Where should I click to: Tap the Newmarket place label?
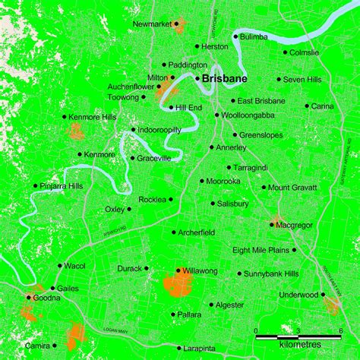pos(152,24)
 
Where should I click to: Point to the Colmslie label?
pos(305,52)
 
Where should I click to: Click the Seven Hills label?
pos(304,79)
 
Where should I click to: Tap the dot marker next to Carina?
pos(307,106)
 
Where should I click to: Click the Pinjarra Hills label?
pos(62,185)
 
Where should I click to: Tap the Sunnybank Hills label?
pos(273,273)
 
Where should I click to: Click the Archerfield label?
pos(199,232)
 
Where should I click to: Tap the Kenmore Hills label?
pos(92,118)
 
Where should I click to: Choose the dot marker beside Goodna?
pos(29,297)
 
